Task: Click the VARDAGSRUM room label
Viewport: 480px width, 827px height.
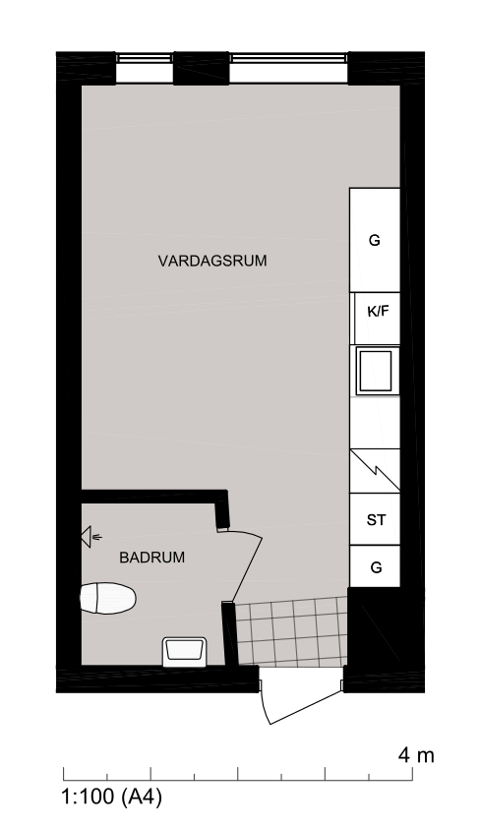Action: (212, 261)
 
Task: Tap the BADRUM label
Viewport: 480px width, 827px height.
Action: (151, 558)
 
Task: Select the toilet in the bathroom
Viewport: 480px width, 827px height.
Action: (107, 598)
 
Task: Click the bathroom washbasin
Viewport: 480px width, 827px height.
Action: (184, 651)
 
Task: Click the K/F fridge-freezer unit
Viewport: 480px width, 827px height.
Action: (377, 319)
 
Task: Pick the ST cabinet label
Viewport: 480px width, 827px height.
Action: (376, 520)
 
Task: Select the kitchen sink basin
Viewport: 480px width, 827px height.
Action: (375, 371)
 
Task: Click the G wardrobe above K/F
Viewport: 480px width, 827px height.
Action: (375, 240)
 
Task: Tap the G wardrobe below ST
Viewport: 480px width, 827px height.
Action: (375, 567)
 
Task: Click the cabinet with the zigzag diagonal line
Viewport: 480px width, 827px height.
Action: (375, 471)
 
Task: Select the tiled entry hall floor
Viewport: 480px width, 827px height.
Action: (290, 630)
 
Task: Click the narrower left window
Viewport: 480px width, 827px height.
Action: (145, 68)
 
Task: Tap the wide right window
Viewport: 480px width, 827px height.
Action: (288, 68)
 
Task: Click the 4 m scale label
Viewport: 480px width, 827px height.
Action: (416, 755)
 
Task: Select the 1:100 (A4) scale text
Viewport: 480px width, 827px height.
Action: (112, 797)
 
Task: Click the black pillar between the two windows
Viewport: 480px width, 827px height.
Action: (202, 68)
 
